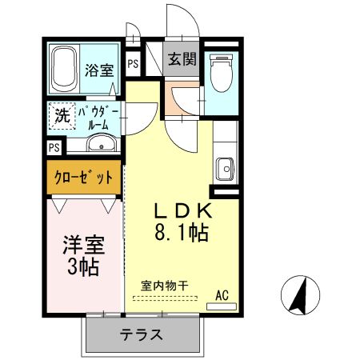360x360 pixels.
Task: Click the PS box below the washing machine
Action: tap(54, 148)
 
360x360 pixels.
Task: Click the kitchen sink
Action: tap(225, 169)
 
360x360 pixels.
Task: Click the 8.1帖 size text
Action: tap(182, 234)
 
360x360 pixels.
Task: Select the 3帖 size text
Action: tap(82, 267)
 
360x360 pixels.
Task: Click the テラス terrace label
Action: tap(142, 334)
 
